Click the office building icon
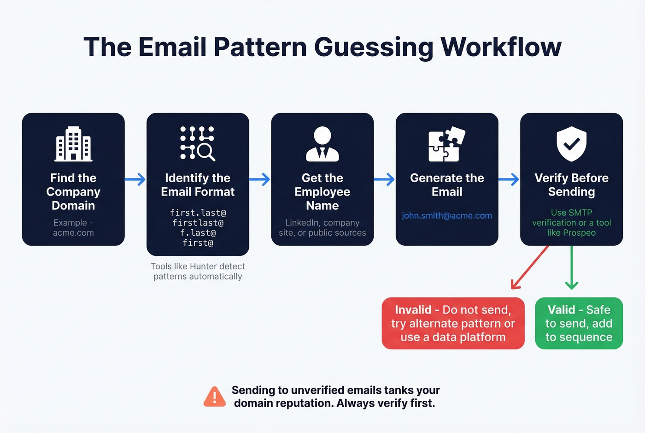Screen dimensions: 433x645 [73, 144]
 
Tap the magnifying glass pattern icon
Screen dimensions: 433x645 [198, 143]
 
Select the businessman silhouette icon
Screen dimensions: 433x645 [322, 144]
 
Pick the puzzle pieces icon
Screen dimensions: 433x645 [446, 144]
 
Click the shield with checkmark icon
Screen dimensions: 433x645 [571, 144]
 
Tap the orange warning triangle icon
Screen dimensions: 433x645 [215, 397]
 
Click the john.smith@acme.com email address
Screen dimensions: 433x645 [447, 215]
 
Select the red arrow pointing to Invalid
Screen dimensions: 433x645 [530, 267]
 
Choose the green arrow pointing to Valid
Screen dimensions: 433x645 [572, 268]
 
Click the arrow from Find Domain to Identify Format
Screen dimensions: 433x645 [135, 179]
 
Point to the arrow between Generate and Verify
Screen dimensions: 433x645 [509, 179]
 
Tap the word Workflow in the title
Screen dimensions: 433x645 [501, 47]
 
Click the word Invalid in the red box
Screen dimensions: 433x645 [413, 309]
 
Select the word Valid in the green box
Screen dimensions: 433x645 [561, 309]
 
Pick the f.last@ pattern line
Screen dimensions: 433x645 [198, 233]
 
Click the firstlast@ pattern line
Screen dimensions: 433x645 [198, 223]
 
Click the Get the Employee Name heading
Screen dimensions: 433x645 [322, 191]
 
